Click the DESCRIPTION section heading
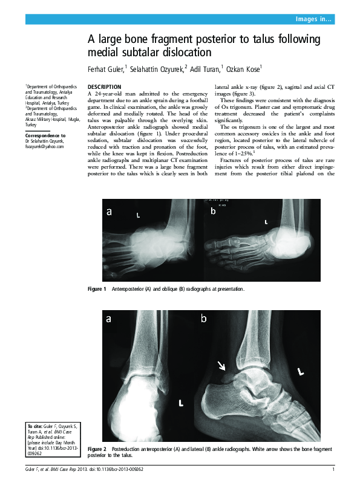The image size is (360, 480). [x=105, y=86]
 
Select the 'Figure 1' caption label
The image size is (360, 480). [x=97, y=289]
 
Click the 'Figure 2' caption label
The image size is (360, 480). [x=97, y=450]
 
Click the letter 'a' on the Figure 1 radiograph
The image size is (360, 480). [x=110, y=212]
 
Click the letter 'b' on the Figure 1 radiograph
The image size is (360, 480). [x=213, y=212]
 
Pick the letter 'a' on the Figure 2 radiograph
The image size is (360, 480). [x=110, y=319]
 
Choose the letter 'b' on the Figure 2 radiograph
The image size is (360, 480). [x=204, y=318]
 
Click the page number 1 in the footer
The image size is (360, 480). [x=333, y=470]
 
